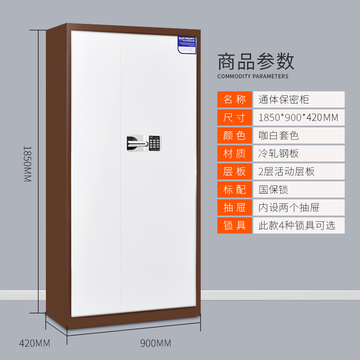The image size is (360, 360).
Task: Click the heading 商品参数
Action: tap(256, 61)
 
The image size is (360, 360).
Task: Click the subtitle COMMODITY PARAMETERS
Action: tap(253, 76)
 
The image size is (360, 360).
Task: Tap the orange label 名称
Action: tap(234, 99)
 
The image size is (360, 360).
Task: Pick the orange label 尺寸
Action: tap(234, 117)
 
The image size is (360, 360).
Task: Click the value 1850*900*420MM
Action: tap(298, 117)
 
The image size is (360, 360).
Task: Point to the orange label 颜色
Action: tap(234, 135)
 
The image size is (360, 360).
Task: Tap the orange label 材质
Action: tap(234, 153)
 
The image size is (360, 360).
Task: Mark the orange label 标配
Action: tap(234, 189)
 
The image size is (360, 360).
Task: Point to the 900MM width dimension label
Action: tap(156, 344)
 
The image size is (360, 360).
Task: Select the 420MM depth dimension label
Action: tap(34, 344)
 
